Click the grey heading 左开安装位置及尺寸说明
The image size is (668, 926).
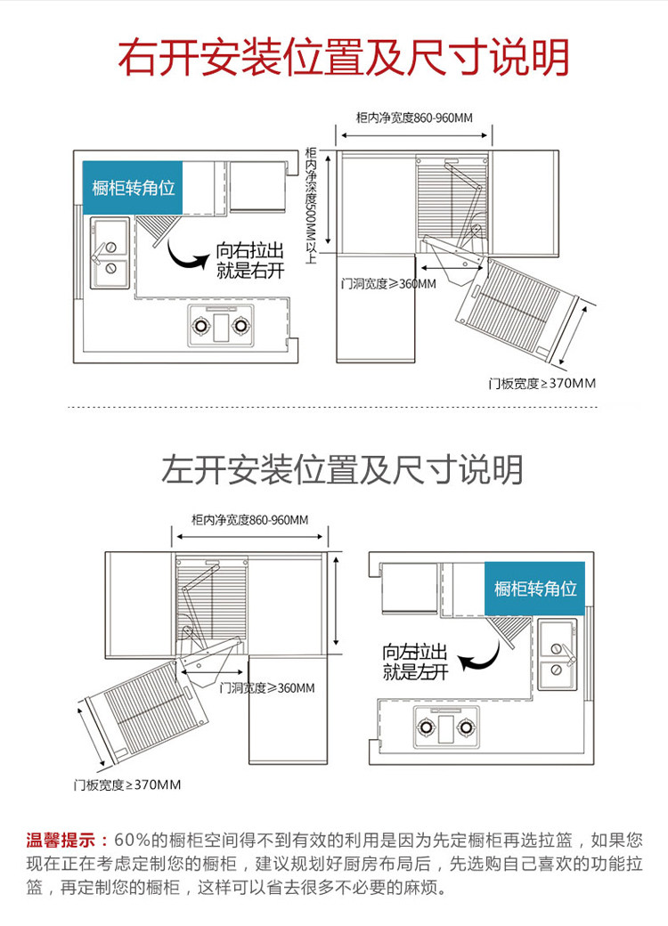click(x=342, y=469)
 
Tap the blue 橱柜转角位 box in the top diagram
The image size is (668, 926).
click(x=133, y=188)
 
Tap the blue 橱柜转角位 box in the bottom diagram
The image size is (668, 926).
click(x=535, y=589)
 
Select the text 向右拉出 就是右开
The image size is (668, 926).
click(x=249, y=261)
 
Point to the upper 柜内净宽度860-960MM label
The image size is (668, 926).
click(x=413, y=117)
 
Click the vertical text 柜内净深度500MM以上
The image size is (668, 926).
click(x=311, y=205)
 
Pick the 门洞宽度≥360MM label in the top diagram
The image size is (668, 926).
click(x=388, y=283)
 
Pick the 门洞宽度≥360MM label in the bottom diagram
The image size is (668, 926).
click(x=266, y=687)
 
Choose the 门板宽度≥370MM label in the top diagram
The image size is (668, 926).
click(x=542, y=383)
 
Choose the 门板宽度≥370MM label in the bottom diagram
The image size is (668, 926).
click(x=127, y=784)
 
